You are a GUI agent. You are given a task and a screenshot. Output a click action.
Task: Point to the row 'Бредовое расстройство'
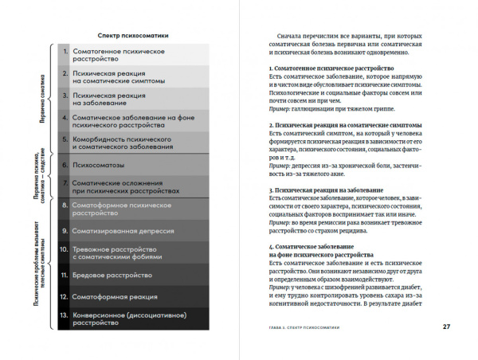point(112,275)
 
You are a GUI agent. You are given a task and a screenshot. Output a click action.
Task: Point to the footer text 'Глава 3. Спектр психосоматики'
point(315,327)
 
